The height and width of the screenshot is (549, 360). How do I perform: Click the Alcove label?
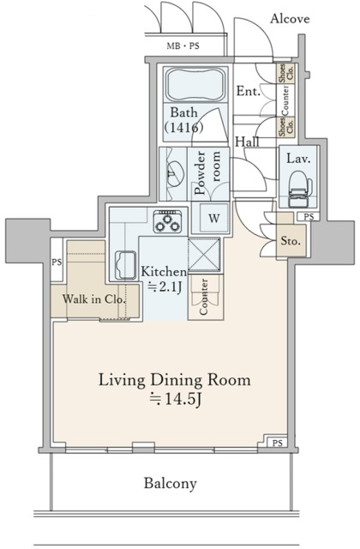(290, 19)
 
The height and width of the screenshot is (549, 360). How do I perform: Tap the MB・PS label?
(183, 45)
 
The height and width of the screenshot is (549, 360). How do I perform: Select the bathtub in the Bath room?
(195, 85)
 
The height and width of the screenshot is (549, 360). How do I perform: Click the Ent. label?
(248, 92)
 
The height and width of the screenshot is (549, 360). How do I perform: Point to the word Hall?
(247, 142)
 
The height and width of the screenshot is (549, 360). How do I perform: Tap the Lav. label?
(298, 159)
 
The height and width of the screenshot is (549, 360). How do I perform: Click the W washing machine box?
(213, 219)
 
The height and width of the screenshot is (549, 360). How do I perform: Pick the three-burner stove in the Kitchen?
(168, 221)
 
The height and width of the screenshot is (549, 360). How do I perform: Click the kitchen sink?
(125, 265)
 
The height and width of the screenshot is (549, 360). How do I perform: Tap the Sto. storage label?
(291, 241)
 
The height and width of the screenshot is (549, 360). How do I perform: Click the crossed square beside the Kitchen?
(204, 255)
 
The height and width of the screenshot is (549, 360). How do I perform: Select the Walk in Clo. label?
(93, 299)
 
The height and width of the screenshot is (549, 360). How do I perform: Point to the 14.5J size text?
(175, 399)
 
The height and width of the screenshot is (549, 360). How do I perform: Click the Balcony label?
(171, 484)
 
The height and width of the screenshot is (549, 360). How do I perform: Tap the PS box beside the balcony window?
(277, 443)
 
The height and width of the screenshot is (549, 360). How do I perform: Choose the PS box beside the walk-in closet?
(57, 262)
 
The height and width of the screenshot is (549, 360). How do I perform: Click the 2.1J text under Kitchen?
(165, 287)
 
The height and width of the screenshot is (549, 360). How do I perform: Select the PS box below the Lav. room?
(309, 217)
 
